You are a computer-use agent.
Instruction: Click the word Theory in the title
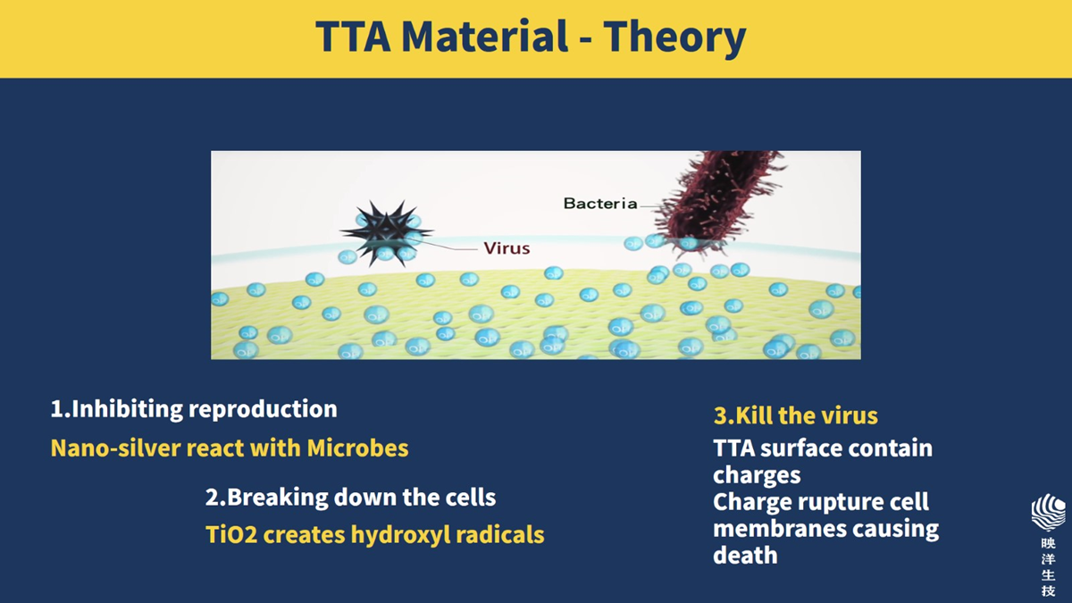[674, 38]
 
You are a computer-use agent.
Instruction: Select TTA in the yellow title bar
[353, 37]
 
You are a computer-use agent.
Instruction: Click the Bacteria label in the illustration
[600, 204]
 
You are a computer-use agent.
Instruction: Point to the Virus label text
[507, 248]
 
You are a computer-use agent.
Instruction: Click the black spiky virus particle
[387, 232]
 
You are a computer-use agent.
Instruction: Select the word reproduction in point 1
[263, 410]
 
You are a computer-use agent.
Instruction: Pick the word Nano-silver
[115, 448]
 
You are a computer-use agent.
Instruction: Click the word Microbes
[357, 448]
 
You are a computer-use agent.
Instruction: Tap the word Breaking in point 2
[277, 498]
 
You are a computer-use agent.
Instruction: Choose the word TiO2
[231, 534]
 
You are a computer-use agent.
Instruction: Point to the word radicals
[500, 534]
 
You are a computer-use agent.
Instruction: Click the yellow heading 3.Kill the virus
[795, 415]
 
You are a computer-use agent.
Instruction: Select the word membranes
[779, 529]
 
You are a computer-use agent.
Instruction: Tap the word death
[745, 555]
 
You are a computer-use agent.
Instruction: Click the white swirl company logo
[1048, 513]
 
